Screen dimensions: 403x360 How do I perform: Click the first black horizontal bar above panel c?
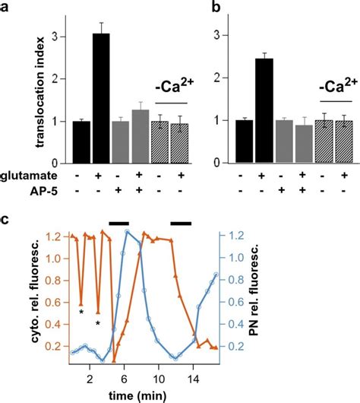[x=119, y=223]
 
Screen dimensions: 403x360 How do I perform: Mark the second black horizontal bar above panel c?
[x=181, y=223]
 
